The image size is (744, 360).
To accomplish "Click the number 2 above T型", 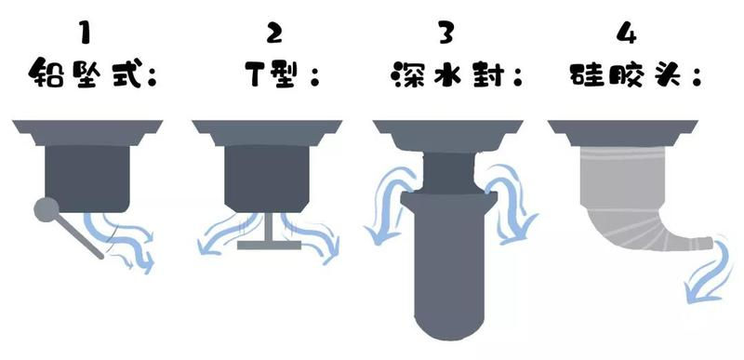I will point(274,33).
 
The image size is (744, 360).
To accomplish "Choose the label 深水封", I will point(447,73).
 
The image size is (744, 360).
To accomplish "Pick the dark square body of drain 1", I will point(88,177).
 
